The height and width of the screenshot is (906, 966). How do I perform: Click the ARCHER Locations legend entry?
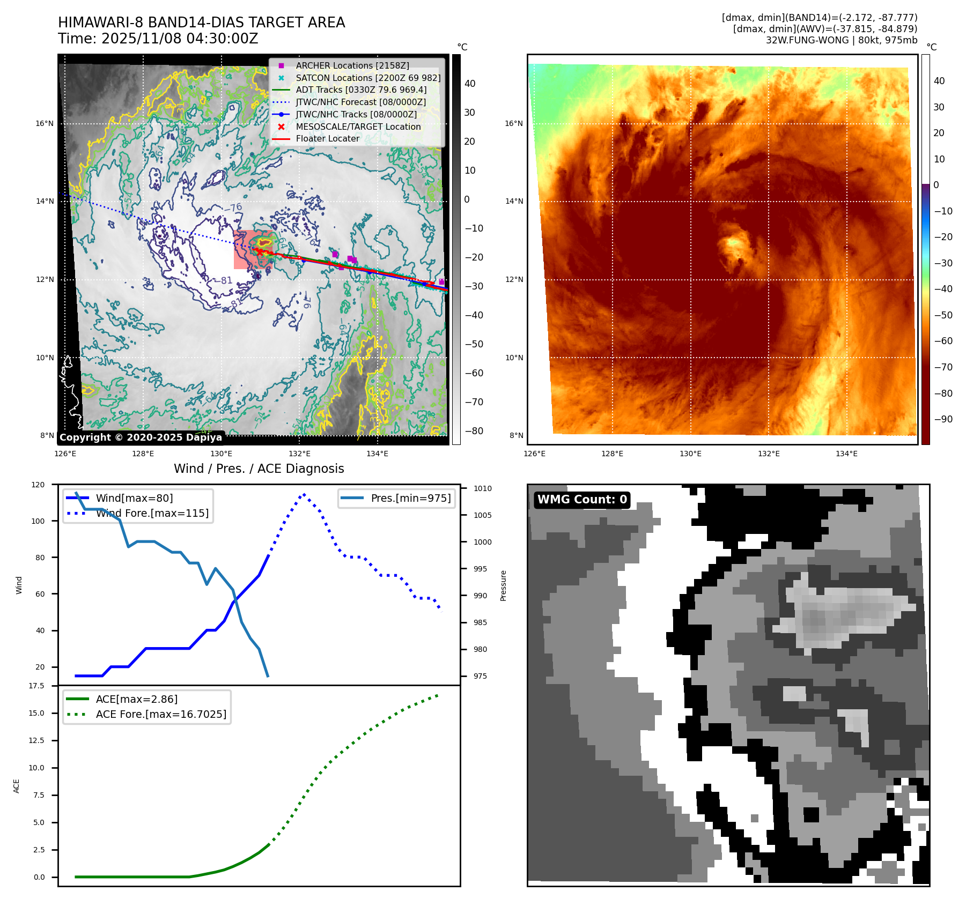(x=352, y=65)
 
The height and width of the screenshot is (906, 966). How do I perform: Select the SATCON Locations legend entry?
(x=367, y=78)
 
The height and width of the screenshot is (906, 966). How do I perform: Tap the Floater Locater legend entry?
(x=327, y=138)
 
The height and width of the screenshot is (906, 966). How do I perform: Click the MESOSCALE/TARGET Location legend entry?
(x=358, y=127)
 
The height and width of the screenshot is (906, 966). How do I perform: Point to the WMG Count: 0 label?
(x=582, y=500)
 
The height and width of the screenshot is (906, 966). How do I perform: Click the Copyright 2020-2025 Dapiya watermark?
(x=141, y=437)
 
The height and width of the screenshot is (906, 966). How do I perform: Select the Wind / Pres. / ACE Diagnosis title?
(x=259, y=469)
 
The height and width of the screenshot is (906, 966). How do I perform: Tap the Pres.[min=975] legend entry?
(x=410, y=498)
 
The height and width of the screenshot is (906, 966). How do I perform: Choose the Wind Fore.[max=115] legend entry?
(x=152, y=513)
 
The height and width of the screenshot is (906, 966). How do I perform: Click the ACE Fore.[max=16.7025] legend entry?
(x=161, y=714)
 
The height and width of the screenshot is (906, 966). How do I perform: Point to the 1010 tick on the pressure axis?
(x=482, y=488)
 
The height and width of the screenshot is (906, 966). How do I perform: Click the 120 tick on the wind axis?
(x=38, y=485)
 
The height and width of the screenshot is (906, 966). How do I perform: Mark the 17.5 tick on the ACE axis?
(x=36, y=686)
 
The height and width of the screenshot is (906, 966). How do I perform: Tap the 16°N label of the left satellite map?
(x=45, y=124)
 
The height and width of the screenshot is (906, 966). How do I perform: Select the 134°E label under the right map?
(x=846, y=454)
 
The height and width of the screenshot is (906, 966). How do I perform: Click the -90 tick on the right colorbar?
(x=943, y=419)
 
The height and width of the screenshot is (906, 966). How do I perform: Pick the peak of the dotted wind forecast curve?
(x=304, y=494)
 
